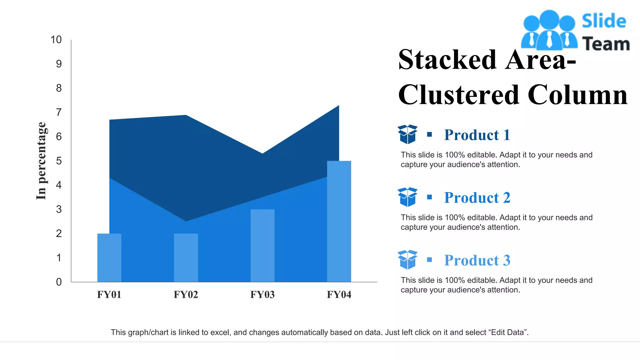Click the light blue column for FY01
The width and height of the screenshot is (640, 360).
point(109,257)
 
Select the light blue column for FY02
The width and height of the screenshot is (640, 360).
point(186,257)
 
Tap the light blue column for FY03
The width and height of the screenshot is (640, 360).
point(262,245)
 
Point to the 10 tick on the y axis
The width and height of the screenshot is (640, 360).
point(56,40)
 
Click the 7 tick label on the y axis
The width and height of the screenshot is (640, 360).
point(59,112)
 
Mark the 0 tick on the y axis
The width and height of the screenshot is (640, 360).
point(59,282)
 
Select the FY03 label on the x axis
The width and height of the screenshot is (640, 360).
point(262,294)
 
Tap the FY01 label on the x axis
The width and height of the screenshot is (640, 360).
point(109,294)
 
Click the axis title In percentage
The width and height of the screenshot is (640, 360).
point(41,161)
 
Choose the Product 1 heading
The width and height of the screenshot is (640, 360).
point(477,135)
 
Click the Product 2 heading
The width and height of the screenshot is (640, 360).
point(477,197)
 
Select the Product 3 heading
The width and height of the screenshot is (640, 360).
point(477,260)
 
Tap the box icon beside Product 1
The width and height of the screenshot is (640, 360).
point(407,134)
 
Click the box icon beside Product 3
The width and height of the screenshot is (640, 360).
point(407,259)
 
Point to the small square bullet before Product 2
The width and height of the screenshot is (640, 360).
point(430,197)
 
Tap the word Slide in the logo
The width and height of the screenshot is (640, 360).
point(604,21)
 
